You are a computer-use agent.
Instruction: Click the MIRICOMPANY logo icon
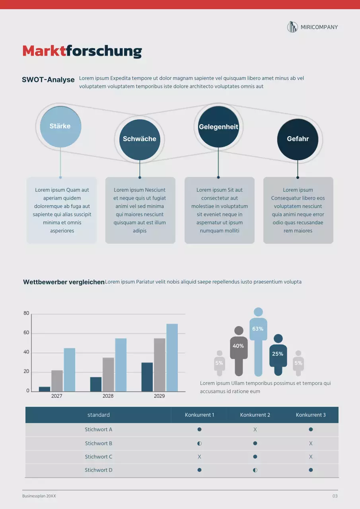292,27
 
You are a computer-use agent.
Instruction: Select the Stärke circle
60,126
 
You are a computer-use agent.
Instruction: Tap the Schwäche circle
139,139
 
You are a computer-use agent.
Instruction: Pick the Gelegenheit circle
218,127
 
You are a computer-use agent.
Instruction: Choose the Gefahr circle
298,139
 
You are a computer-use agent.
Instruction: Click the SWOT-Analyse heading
48,80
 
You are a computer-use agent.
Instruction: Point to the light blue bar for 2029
172,357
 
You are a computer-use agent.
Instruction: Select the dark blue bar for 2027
45,389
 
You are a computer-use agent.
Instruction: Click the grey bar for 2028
108,374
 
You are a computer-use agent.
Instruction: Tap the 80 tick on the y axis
27,313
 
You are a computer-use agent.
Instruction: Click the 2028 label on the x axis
108,396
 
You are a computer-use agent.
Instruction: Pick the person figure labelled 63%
258,342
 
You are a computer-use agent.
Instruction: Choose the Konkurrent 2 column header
255,415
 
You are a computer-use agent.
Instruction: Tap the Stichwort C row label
98,457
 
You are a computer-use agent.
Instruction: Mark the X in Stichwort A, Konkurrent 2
255,429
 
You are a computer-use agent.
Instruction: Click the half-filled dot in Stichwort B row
199,443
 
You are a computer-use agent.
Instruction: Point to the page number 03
335,496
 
